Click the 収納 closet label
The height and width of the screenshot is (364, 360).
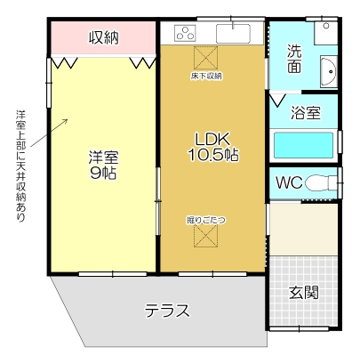coord(104,37)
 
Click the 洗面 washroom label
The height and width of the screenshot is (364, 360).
coord(293,58)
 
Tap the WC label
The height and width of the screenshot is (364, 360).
coord(288,183)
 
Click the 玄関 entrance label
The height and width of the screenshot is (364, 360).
coord(304,292)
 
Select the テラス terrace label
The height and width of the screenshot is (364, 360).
coord(167,311)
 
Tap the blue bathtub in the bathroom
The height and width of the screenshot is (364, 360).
coord(303,144)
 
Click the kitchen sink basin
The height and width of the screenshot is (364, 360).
coord(234,35)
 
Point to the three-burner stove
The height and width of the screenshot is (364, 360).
coord(186,35)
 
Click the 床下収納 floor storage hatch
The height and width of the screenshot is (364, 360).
coord(206,58)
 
